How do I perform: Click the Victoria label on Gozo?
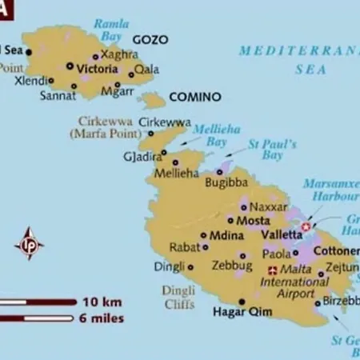pos(97,69)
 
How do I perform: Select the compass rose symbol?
pos(30,243)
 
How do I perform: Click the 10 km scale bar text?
pos(101,302)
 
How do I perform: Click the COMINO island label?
pos(195,97)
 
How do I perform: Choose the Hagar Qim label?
pos(238,311)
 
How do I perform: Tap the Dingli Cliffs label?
pos(178,297)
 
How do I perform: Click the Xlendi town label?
pos(30,80)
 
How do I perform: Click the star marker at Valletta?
pos(306,227)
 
